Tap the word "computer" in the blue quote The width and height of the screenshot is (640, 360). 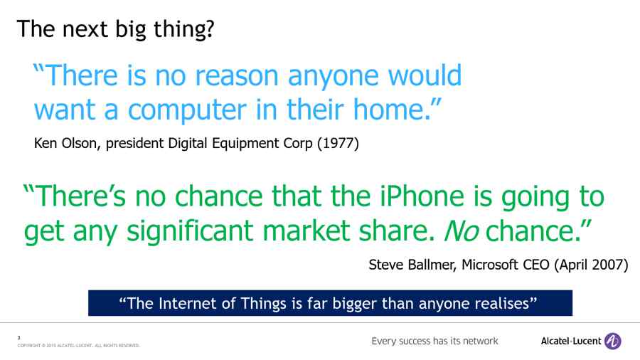click(x=187, y=110)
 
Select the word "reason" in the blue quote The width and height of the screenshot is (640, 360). click(x=237, y=76)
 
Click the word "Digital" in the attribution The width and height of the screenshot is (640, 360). click(x=188, y=144)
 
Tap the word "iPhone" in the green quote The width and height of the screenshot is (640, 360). click(x=422, y=196)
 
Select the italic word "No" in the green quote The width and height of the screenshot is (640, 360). click(x=462, y=231)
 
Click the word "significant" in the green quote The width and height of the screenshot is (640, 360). click(x=190, y=231)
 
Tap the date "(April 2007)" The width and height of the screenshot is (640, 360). click(x=591, y=265)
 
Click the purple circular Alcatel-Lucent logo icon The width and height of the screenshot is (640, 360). click(x=613, y=342)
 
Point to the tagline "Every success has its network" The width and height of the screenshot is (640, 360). click(x=434, y=342)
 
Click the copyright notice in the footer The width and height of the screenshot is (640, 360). click(x=78, y=346)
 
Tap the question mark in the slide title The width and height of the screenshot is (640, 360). click(x=209, y=29)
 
